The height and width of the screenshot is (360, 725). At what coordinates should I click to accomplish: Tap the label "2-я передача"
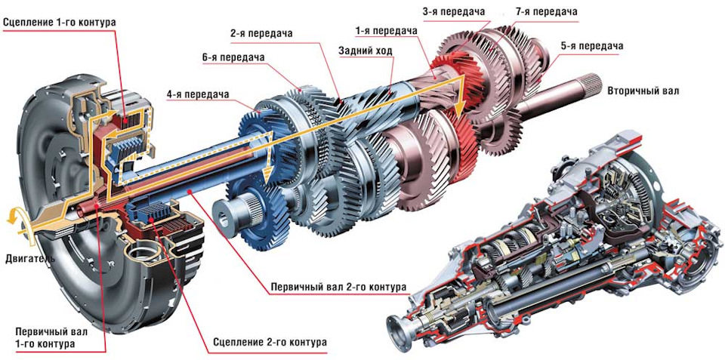click(x=261, y=34)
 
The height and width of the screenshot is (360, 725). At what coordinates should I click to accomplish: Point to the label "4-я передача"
click(x=199, y=96)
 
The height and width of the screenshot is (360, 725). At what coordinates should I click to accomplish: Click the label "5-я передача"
click(x=591, y=46)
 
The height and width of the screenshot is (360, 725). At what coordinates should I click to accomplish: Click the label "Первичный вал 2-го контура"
click(x=338, y=287)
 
